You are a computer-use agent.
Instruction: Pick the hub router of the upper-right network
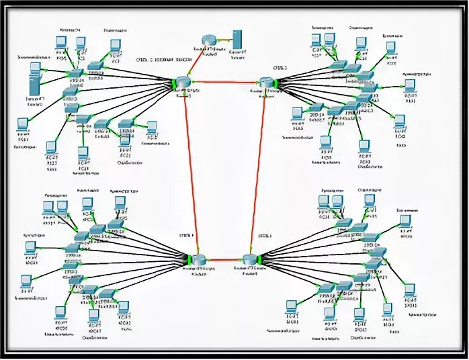click(267, 83)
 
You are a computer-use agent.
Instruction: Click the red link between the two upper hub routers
click(225, 82)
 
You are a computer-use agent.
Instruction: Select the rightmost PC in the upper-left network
click(152, 128)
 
